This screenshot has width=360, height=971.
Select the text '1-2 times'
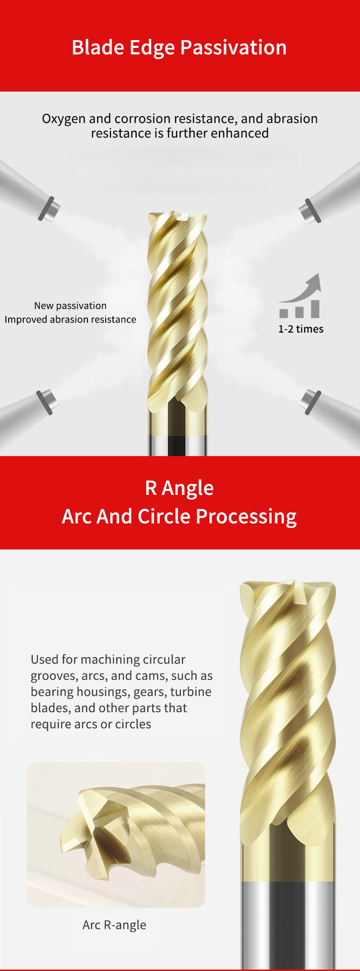tap(301, 329)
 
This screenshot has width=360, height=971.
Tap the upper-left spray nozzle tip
tap(50, 209)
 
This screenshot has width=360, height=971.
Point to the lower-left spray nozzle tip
tap(47, 401)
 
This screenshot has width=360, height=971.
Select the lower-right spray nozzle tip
tap(311, 402)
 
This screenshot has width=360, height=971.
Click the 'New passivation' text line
tap(71, 306)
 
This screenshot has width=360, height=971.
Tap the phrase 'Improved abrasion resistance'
tap(71, 319)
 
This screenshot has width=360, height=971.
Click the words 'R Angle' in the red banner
tap(180, 488)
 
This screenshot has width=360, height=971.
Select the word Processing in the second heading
tap(246, 517)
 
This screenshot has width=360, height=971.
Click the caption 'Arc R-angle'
tap(114, 925)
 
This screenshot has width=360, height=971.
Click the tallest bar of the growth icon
tap(314, 308)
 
